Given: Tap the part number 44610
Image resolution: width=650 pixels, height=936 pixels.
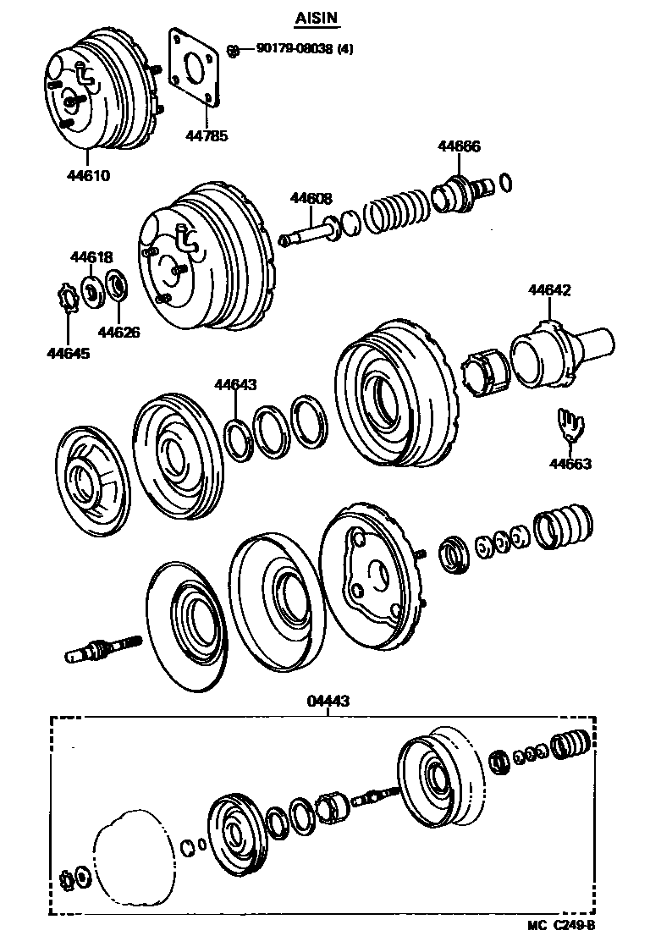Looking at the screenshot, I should pos(90,176).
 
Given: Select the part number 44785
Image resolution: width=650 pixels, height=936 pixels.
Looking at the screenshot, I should pos(207,135).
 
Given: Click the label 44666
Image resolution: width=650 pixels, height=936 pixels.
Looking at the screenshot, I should pos(459,146).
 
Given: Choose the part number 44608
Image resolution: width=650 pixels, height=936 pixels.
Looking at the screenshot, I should pos(311,198).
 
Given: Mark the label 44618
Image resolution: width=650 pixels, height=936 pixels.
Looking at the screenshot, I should pos(91,256).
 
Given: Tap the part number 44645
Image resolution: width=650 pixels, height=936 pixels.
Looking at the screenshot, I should pos(68,352).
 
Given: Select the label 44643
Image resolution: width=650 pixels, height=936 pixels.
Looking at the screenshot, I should pos(235,384).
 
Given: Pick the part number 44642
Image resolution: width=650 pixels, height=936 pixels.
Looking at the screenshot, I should pos(549,290).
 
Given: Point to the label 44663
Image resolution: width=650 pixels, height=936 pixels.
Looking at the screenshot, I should pos(570,463).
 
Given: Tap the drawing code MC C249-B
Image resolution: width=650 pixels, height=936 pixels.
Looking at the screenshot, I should pos(562,926).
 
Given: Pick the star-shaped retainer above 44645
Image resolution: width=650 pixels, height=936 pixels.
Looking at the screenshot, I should pos(67,299).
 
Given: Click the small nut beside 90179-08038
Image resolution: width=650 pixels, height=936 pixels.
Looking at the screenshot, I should pos(233,50).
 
